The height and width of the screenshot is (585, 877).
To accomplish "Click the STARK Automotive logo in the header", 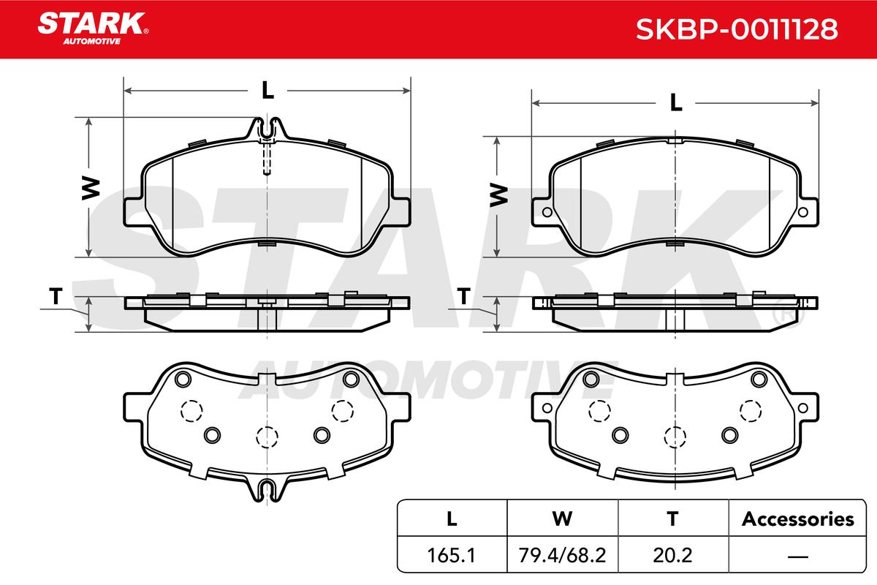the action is [93, 29].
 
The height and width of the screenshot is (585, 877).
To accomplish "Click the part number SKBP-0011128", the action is [737, 29].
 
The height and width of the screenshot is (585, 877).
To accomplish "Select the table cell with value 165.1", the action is [452, 555].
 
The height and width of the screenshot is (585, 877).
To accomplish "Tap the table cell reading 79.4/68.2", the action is [562, 555].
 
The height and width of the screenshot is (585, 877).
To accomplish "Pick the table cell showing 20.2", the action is [672, 555].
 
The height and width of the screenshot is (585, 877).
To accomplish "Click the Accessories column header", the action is [797, 519].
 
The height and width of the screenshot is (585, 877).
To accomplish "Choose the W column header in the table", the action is [562, 519].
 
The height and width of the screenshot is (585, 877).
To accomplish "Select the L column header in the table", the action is [452, 519].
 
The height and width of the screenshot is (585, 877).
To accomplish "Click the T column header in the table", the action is [672, 519].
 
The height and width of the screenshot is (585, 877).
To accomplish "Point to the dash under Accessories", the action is [797, 556].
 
